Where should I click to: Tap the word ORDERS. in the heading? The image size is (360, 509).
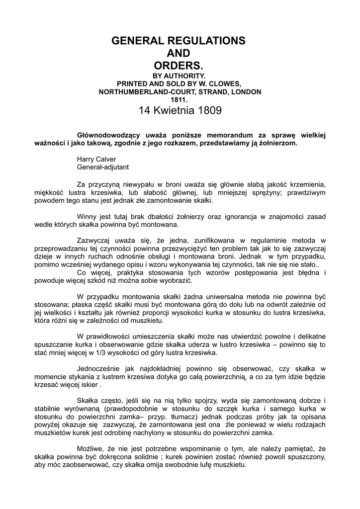180,66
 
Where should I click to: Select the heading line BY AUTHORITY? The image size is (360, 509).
180,76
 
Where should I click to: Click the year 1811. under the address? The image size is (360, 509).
180,100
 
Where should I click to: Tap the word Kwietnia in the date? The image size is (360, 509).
173,110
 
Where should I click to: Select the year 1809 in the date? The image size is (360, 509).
209,110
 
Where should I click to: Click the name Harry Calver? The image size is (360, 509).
96,159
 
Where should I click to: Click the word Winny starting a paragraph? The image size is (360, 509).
87,216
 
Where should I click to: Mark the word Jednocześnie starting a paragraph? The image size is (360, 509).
100,368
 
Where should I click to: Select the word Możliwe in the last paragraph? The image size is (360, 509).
91,449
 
